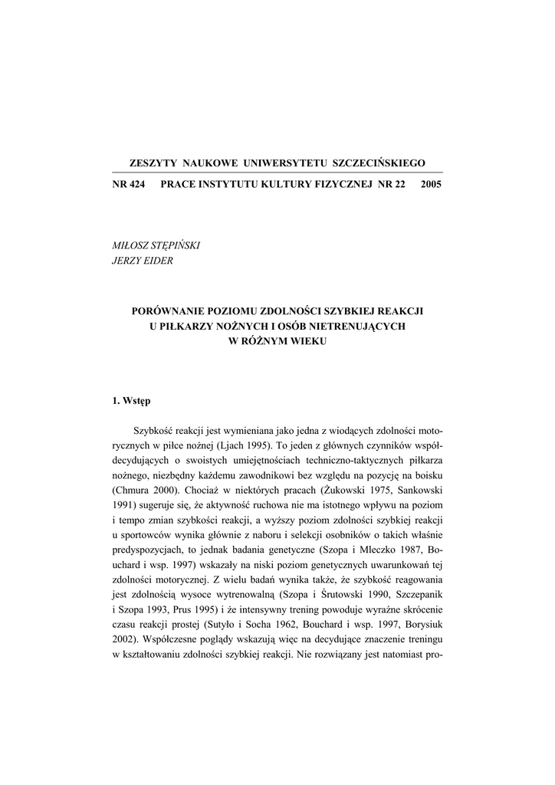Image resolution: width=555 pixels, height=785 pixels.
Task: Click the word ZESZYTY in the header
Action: point(152,163)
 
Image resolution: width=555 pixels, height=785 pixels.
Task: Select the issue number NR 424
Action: point(129,185)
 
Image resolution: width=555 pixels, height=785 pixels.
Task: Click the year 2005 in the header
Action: point(432,185)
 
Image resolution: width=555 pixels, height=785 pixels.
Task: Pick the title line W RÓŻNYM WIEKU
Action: point(277,341)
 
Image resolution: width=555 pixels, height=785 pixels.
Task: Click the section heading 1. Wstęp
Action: point(132,400)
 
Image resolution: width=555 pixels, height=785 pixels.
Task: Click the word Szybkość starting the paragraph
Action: point(159,430)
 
